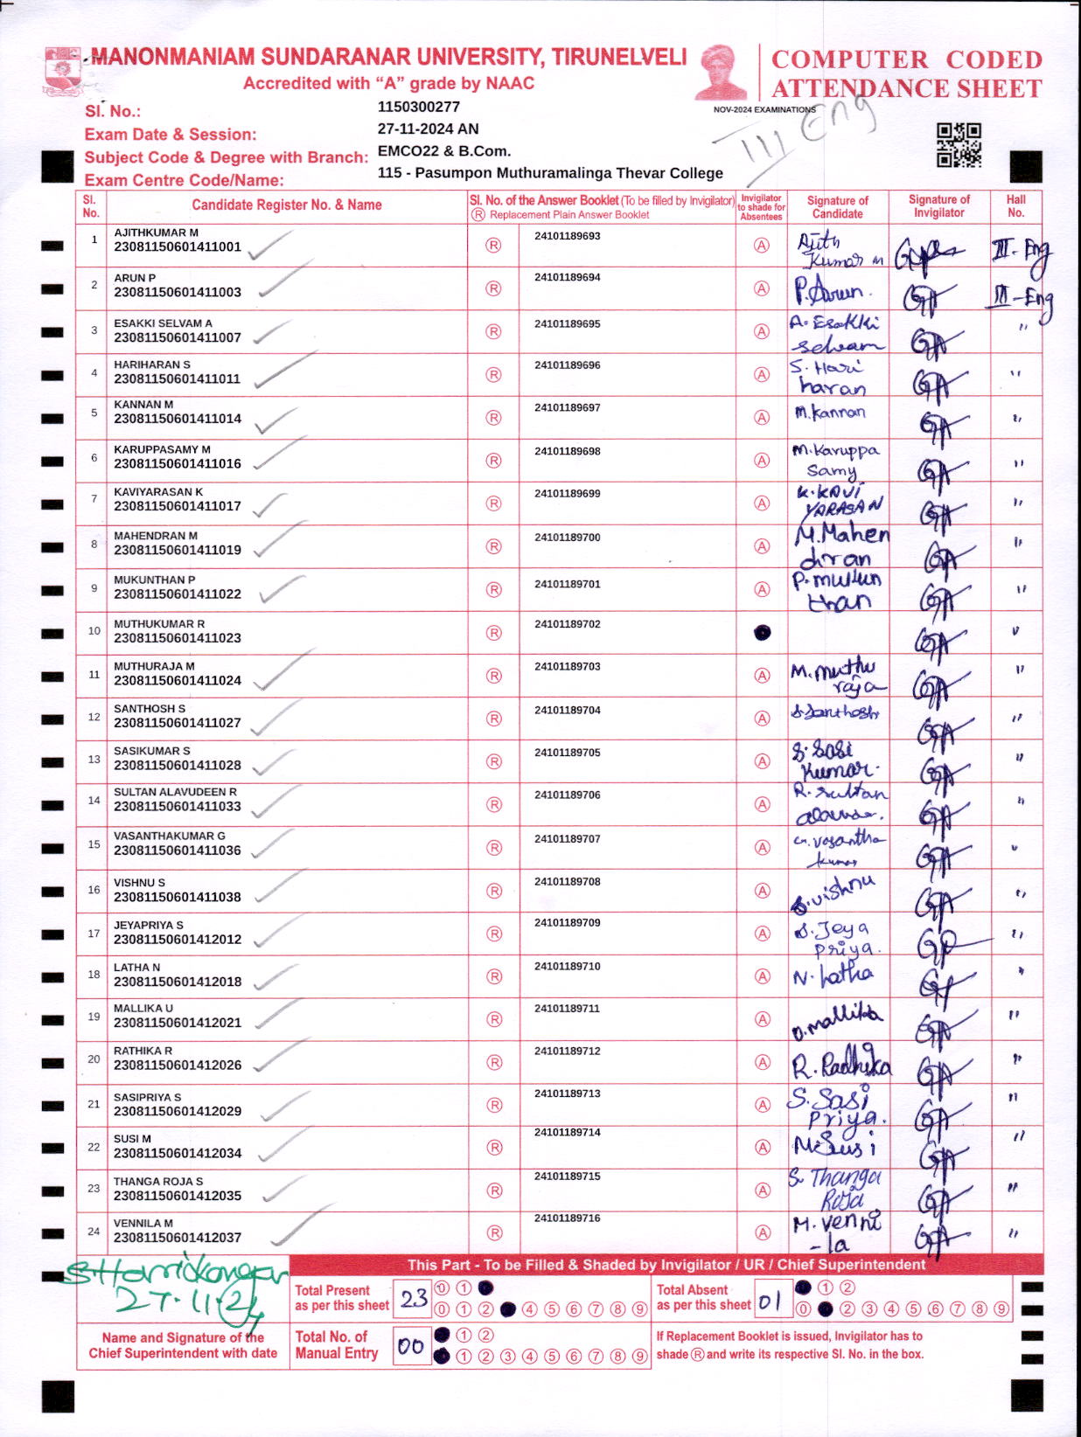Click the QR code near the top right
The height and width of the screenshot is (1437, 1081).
pyautogui.click(x=959, y=144)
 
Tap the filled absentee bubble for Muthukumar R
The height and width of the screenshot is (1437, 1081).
pyautogui.click(x=762, y=632)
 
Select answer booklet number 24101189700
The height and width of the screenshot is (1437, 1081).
pyautogui.click(x=568, y=538)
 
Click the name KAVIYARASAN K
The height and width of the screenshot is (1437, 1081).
pyautogui.click(x=158, y=492)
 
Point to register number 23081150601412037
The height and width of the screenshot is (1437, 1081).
pyautogui.click(x=178, y=1238)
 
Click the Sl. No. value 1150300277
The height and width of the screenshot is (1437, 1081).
pyautogui.click(x=419, y=107)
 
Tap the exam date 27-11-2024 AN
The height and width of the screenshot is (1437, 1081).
pyautogui.click(x=429, y=128)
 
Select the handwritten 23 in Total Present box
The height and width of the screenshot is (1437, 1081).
pyautogui.click(x=413, y=1299)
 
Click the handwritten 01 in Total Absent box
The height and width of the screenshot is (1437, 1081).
pyautogui.click(x=770, y=1302)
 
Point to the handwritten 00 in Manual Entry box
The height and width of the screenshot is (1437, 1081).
pyautogui.click(x=410, y=1347)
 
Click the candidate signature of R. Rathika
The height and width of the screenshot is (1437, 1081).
pyautogui.click(x=840, y=1063)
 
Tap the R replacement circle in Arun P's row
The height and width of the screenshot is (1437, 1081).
pyautogui.click(x=493, y=288)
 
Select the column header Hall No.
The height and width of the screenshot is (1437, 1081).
pyautogui.click(x=1015, y=206)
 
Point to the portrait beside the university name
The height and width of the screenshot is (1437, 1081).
pyautogui.click(x=723, y=73)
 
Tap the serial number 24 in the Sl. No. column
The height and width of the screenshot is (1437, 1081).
pyautogui.click(x=94, y=1232)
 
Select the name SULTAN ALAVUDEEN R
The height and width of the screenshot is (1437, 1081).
pyautogui.click(x=175, y=792)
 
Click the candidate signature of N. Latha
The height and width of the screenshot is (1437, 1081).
pyautogui.click(x=833, y=975)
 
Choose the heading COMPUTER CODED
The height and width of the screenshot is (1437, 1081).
pyautogui.click(x=907, y=59)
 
